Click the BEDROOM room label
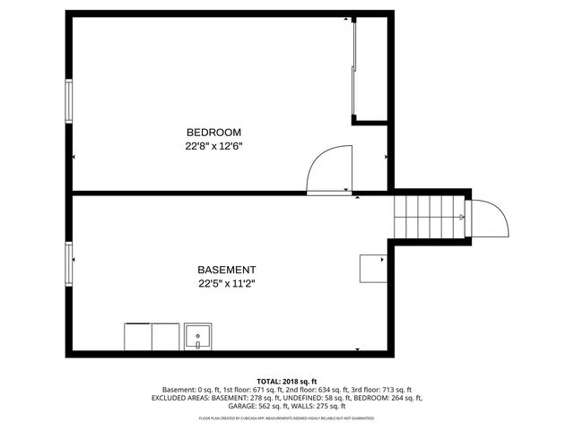pos(213,132)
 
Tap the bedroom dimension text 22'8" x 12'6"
pos(214,146)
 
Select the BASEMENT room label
pos(227,270)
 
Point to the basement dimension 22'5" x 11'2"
pos(228,284)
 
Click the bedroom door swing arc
pos(328,170)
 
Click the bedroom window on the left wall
pos(68,101)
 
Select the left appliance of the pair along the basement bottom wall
pos(138,337)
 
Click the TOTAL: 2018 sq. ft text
pos(287,382)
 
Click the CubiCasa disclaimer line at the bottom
pos(287,417)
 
